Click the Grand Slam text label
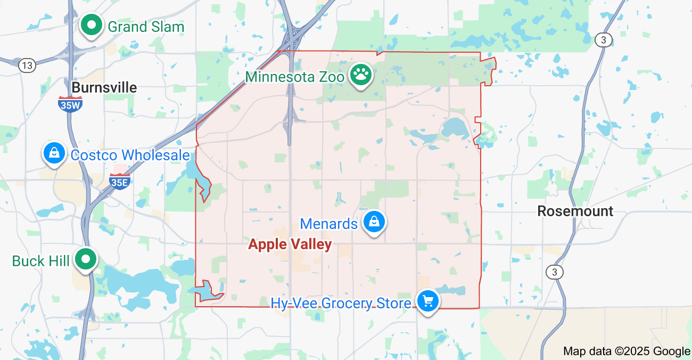click(x=146, y=27)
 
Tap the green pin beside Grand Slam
click(x=92, y=25)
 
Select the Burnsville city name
click(x=104, y=87)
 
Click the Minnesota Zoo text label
click(x=295, y=77)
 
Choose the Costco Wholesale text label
click(x=130, y=155)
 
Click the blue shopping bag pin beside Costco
click(x=54, y=153)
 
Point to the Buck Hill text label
click(x=40, y=261)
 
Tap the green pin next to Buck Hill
click(x=85, y=259)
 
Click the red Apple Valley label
click(x=290, y=244)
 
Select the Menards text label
click(x=328, y=224)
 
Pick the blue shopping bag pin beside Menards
click(x=374, y=222)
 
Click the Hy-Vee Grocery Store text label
click(x=341, y=303)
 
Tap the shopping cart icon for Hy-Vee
click(x=427, y=301)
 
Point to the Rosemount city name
click(x=575, y=211)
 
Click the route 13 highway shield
click(x=27, y=66)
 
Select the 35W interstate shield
click(x=70, y=104)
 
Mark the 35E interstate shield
click(x=119, y=181)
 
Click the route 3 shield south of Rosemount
click(x=555, y=272)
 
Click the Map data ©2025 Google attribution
click(x=627, y=351)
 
